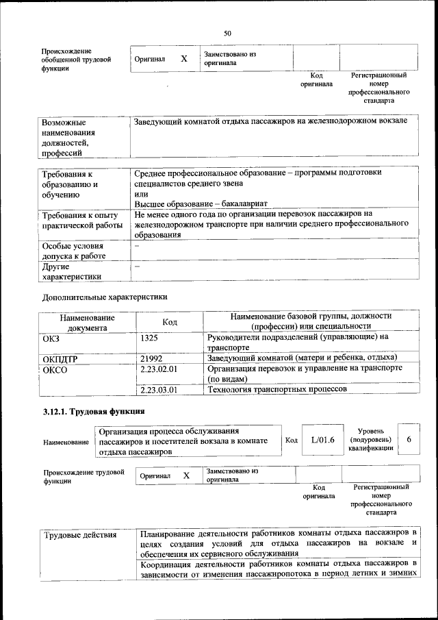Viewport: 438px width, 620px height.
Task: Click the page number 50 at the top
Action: point(227,33)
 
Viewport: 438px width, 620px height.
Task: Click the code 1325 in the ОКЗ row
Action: point(150,338)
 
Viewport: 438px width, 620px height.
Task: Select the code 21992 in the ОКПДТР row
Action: point(151,358)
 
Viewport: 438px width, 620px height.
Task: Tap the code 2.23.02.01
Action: point(159,369)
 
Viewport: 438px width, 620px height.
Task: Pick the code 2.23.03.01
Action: point(159,389)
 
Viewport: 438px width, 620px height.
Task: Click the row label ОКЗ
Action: point(51,338)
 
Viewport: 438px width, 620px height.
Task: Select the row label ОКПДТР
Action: point(60,358)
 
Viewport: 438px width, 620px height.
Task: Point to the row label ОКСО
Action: point(54,369)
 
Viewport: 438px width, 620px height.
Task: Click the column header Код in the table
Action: point(170,321)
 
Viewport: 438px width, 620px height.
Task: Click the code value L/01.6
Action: point(322,441)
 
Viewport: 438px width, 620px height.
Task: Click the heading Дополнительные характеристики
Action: point(104,297)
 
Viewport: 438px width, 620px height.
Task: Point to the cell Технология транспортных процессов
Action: point(277,389)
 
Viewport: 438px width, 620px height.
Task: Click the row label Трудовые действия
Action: point(81,534)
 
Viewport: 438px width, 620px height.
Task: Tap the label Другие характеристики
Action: point(72,271)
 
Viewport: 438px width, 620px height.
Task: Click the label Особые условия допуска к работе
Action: point(73,251)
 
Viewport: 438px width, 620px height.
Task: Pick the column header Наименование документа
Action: point(87,322)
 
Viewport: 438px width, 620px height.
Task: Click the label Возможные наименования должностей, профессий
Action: point(68,138)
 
